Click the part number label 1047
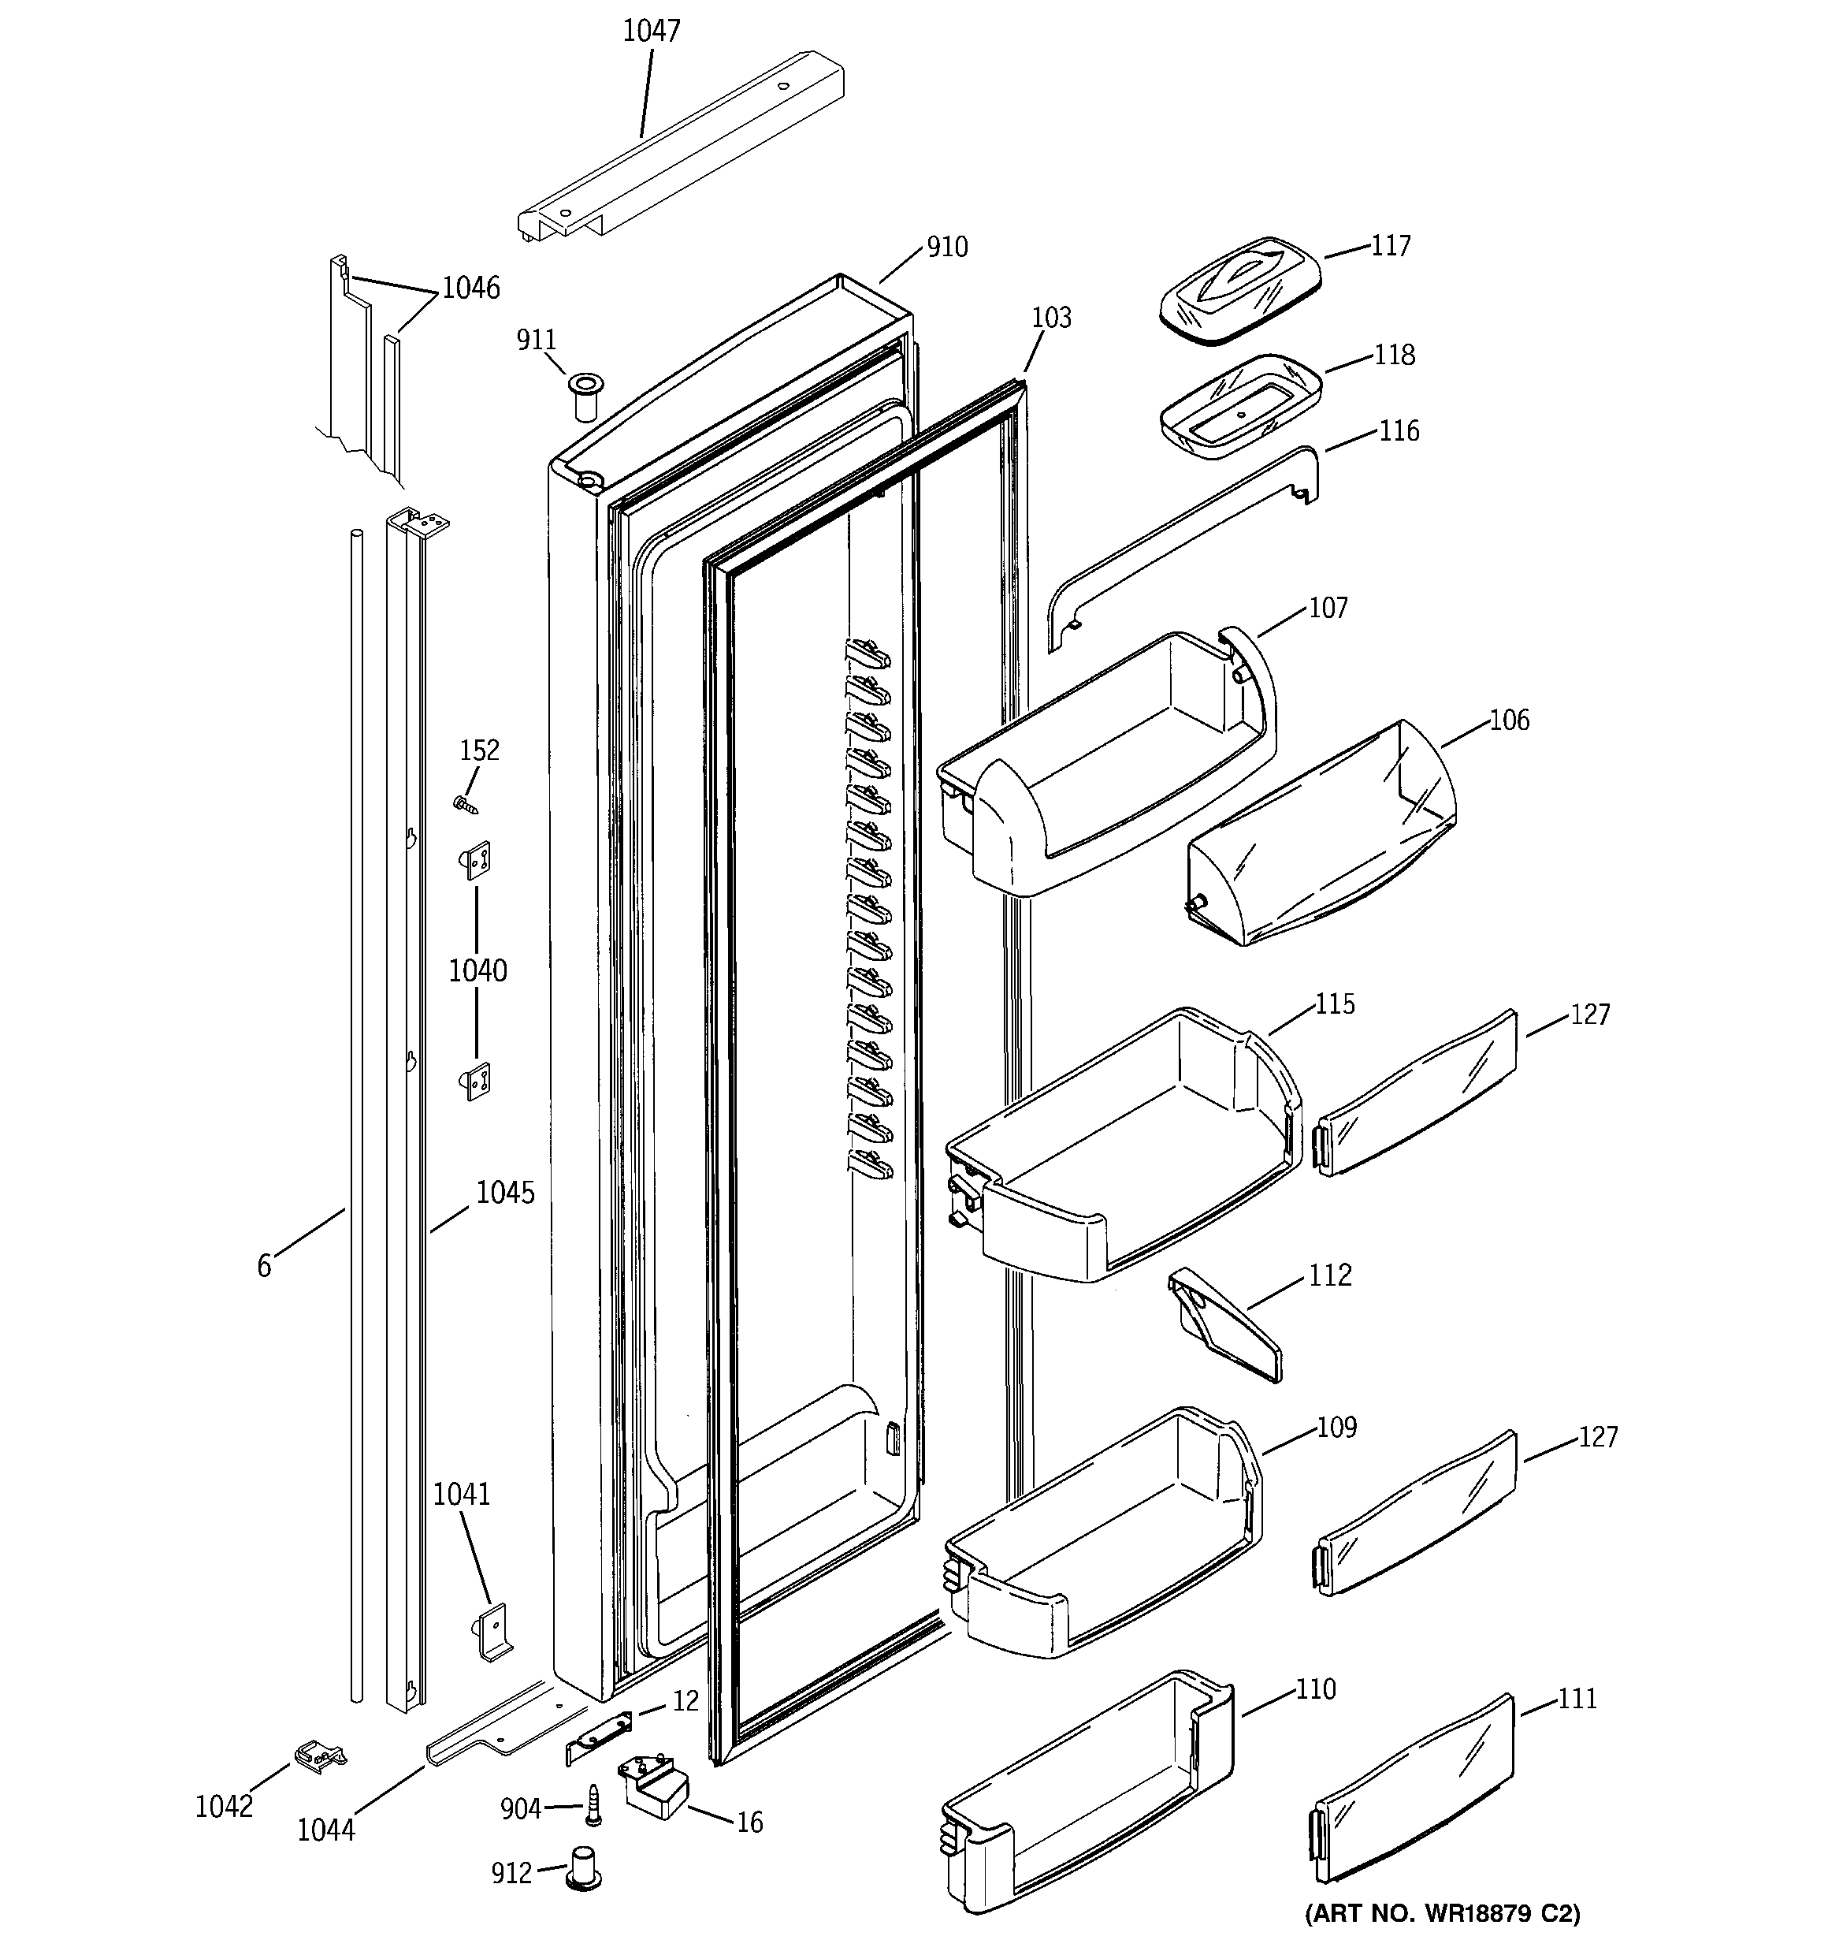652,32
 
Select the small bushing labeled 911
587,396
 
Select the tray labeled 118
1240,405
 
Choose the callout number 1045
505,1193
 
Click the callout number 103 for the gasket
1051,318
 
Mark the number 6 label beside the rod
264,1266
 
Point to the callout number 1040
477,970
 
